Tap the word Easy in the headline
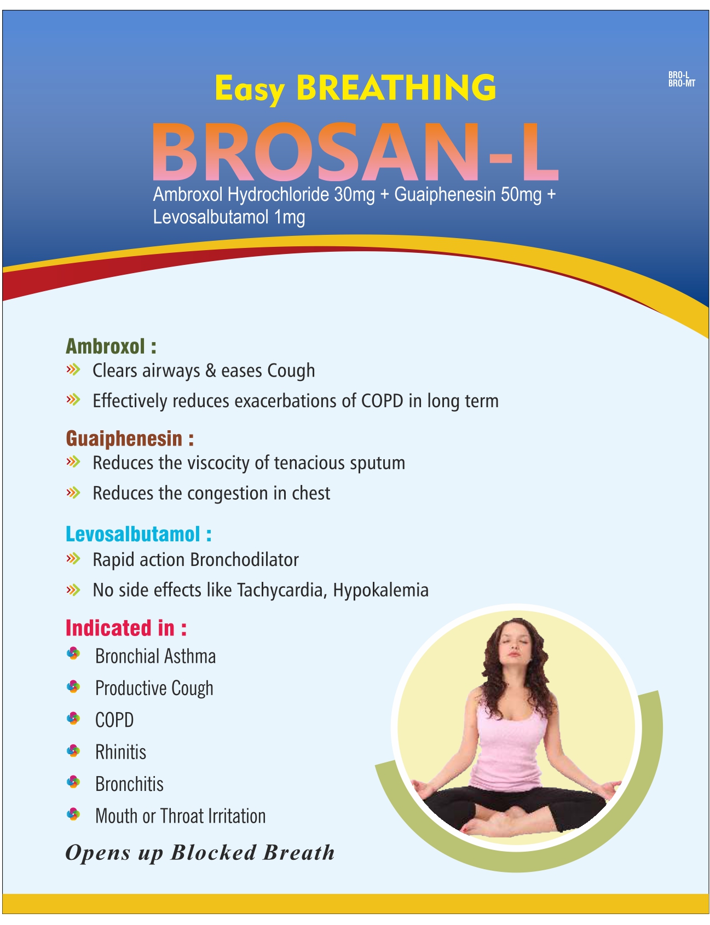point(250,90)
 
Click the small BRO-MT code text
point(682,83)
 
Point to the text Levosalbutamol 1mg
point(229,217)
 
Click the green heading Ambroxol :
point(111,346)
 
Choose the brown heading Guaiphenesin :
point(130,438)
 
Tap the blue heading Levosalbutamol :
point(138,534)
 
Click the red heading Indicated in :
point(126,628)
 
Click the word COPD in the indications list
point(114,720)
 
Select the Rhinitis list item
point(120,752)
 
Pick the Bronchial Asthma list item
point(155,656)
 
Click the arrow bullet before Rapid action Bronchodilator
point(73,559)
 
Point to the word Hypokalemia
point(380,590)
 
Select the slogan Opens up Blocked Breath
point(200,853)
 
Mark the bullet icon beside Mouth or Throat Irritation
point(73,814)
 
